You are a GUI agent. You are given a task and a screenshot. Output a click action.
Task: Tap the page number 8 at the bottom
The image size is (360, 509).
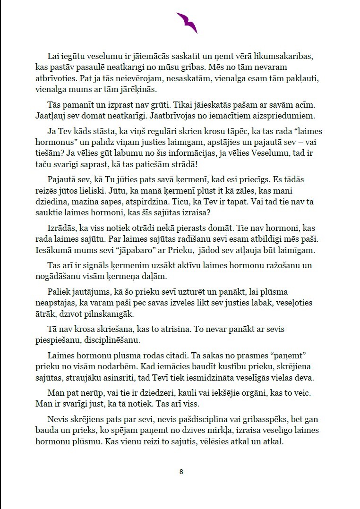click(x=181, y=472)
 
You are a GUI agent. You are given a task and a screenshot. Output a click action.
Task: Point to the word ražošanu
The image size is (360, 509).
click(x=270, y=266)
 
